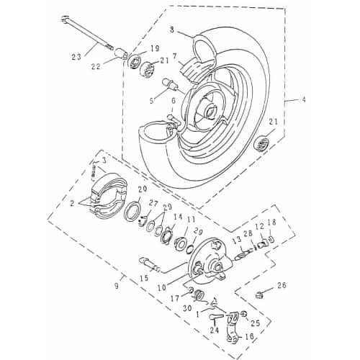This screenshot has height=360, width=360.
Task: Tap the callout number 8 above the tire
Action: click(x=172, y=30)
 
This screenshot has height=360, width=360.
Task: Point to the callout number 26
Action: click(x=282, y=286)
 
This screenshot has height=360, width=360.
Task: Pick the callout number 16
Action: click(x=251, y=336)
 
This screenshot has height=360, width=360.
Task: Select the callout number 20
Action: click(x=142, y=190)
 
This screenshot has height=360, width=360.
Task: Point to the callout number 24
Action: click(x=215, y=331)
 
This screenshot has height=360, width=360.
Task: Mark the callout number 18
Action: click(x=271, y=222)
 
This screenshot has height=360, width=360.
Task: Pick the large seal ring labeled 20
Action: click(x=133, y=213)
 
